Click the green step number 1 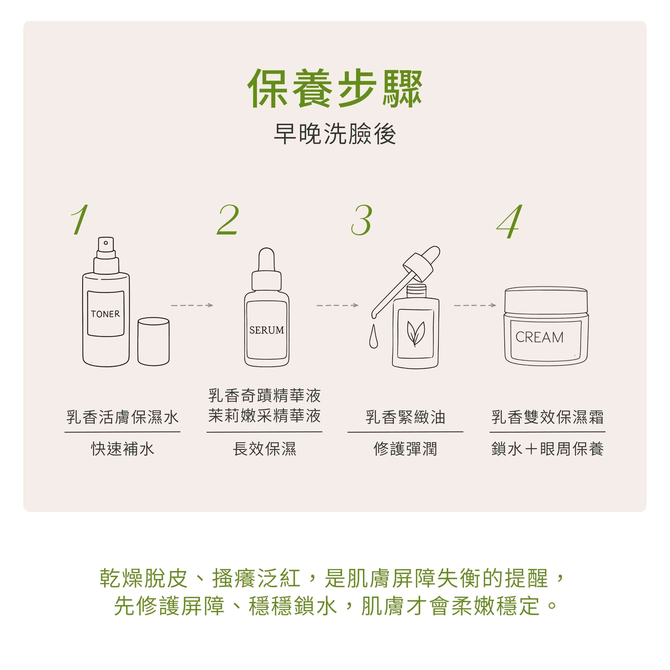pyautogui.click(x=80, y=220)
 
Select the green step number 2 pyautogui.click(x=228, y=220)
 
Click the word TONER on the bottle pyautogui.click(x=105, y=314)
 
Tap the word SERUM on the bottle pyautogui.click(x=267, y=330)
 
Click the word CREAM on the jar pyautogui.click(x=539, y=337)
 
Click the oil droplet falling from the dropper pyautogui.click(x=373, y=336)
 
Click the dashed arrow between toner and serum pyautogui.click(x=192, y=305)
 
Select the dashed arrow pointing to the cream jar pyautogui.click(x=475, y=305)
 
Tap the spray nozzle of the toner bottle pyautogui.click(x=106, y=248)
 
